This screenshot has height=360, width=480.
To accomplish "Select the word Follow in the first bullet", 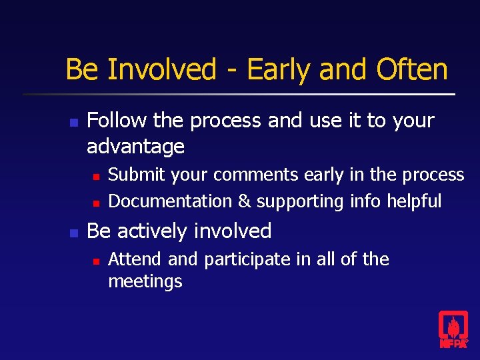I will pyautogui.click(x=117, y=121).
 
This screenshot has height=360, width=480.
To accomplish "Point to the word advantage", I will pyautogui.click(x=135, y=146).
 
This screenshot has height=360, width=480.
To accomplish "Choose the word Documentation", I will pyautogui.click(x=171, y=201).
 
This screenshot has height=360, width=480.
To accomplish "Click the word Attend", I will pyautogui.click(x=135, y=259).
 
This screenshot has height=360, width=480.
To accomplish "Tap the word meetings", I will pyautogui.click(x=145, y=281).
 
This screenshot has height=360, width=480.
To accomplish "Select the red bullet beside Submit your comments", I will pyautogui.click(x=95, y=177).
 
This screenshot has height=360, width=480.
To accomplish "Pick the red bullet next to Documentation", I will pyautogui.click(x=95, y=202).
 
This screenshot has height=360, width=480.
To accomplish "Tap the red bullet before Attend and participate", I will pyautogui.click(x=95, y=261).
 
